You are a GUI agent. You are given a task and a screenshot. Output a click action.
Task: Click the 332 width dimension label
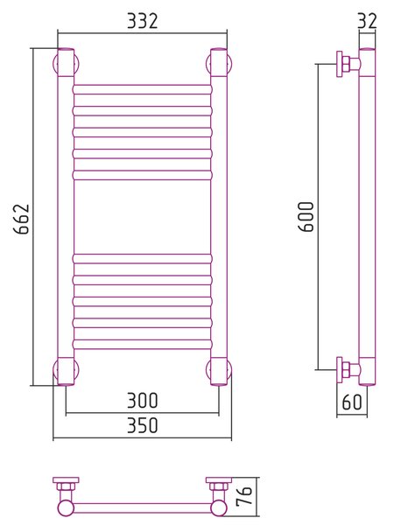pos(142,21)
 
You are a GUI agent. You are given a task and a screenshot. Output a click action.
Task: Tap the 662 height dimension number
pos(21,219)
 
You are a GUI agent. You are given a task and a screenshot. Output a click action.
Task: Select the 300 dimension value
pos(142,401)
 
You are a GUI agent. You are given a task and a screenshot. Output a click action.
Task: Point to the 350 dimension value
pos(142,425)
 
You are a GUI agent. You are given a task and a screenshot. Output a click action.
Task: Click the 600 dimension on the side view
pos(306,217)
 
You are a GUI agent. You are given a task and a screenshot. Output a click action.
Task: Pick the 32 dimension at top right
pos(367,21)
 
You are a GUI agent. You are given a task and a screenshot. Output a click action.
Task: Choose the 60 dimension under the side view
pos(352,402)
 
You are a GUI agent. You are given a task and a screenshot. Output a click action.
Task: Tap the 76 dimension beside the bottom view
pos(244,496)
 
